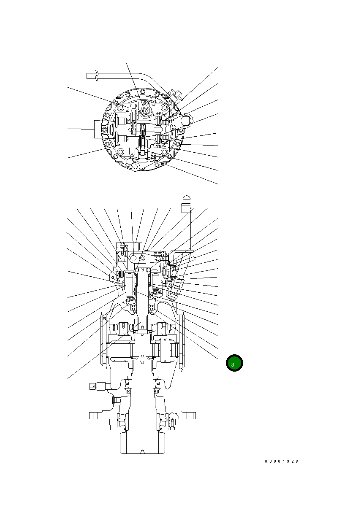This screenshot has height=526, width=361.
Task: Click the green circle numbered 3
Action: [234, 363]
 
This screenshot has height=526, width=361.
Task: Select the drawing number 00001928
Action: [282, 461]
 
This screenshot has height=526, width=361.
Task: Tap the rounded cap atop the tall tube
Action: [187, 200]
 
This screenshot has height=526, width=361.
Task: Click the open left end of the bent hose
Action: [88, 76]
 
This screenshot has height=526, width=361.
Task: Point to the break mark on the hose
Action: [98, 76]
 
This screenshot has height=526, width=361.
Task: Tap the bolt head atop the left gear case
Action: [103, 313]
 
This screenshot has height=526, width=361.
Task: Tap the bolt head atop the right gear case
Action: [180, 313]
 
